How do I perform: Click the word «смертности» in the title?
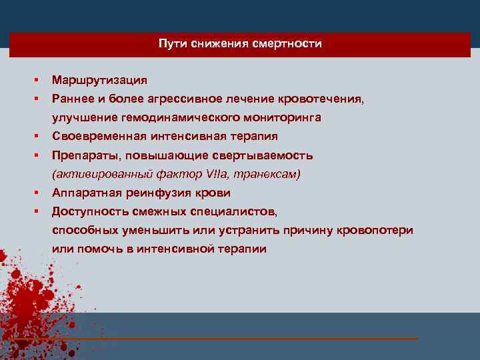point(289,45)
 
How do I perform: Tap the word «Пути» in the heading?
point(172,45)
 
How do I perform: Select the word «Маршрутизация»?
point(100,80)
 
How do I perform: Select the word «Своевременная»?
point(93,136)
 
